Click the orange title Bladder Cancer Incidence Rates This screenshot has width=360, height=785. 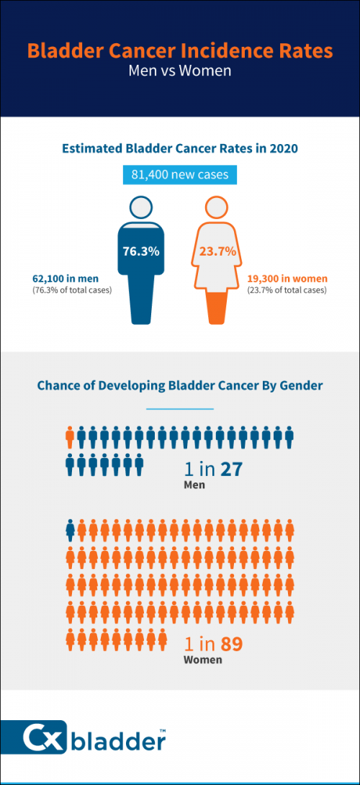click(180, 51)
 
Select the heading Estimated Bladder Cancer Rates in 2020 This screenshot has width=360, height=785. click(180, 148)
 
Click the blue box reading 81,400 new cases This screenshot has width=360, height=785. click(180, 175)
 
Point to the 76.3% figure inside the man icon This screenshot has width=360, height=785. click(141, 251)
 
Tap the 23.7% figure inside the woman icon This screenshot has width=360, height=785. click(218, 251)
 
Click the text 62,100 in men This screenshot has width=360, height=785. click(66, 279)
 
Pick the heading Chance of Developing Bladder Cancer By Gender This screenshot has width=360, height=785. click(180, 386)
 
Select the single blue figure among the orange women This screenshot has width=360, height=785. click(71, 531)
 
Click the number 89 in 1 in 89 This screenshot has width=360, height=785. click(232, 644)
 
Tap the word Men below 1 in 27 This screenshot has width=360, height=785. click(194, 485)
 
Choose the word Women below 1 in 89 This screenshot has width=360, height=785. click(202, 660)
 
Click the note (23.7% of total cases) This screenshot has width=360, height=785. click(287, 290)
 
